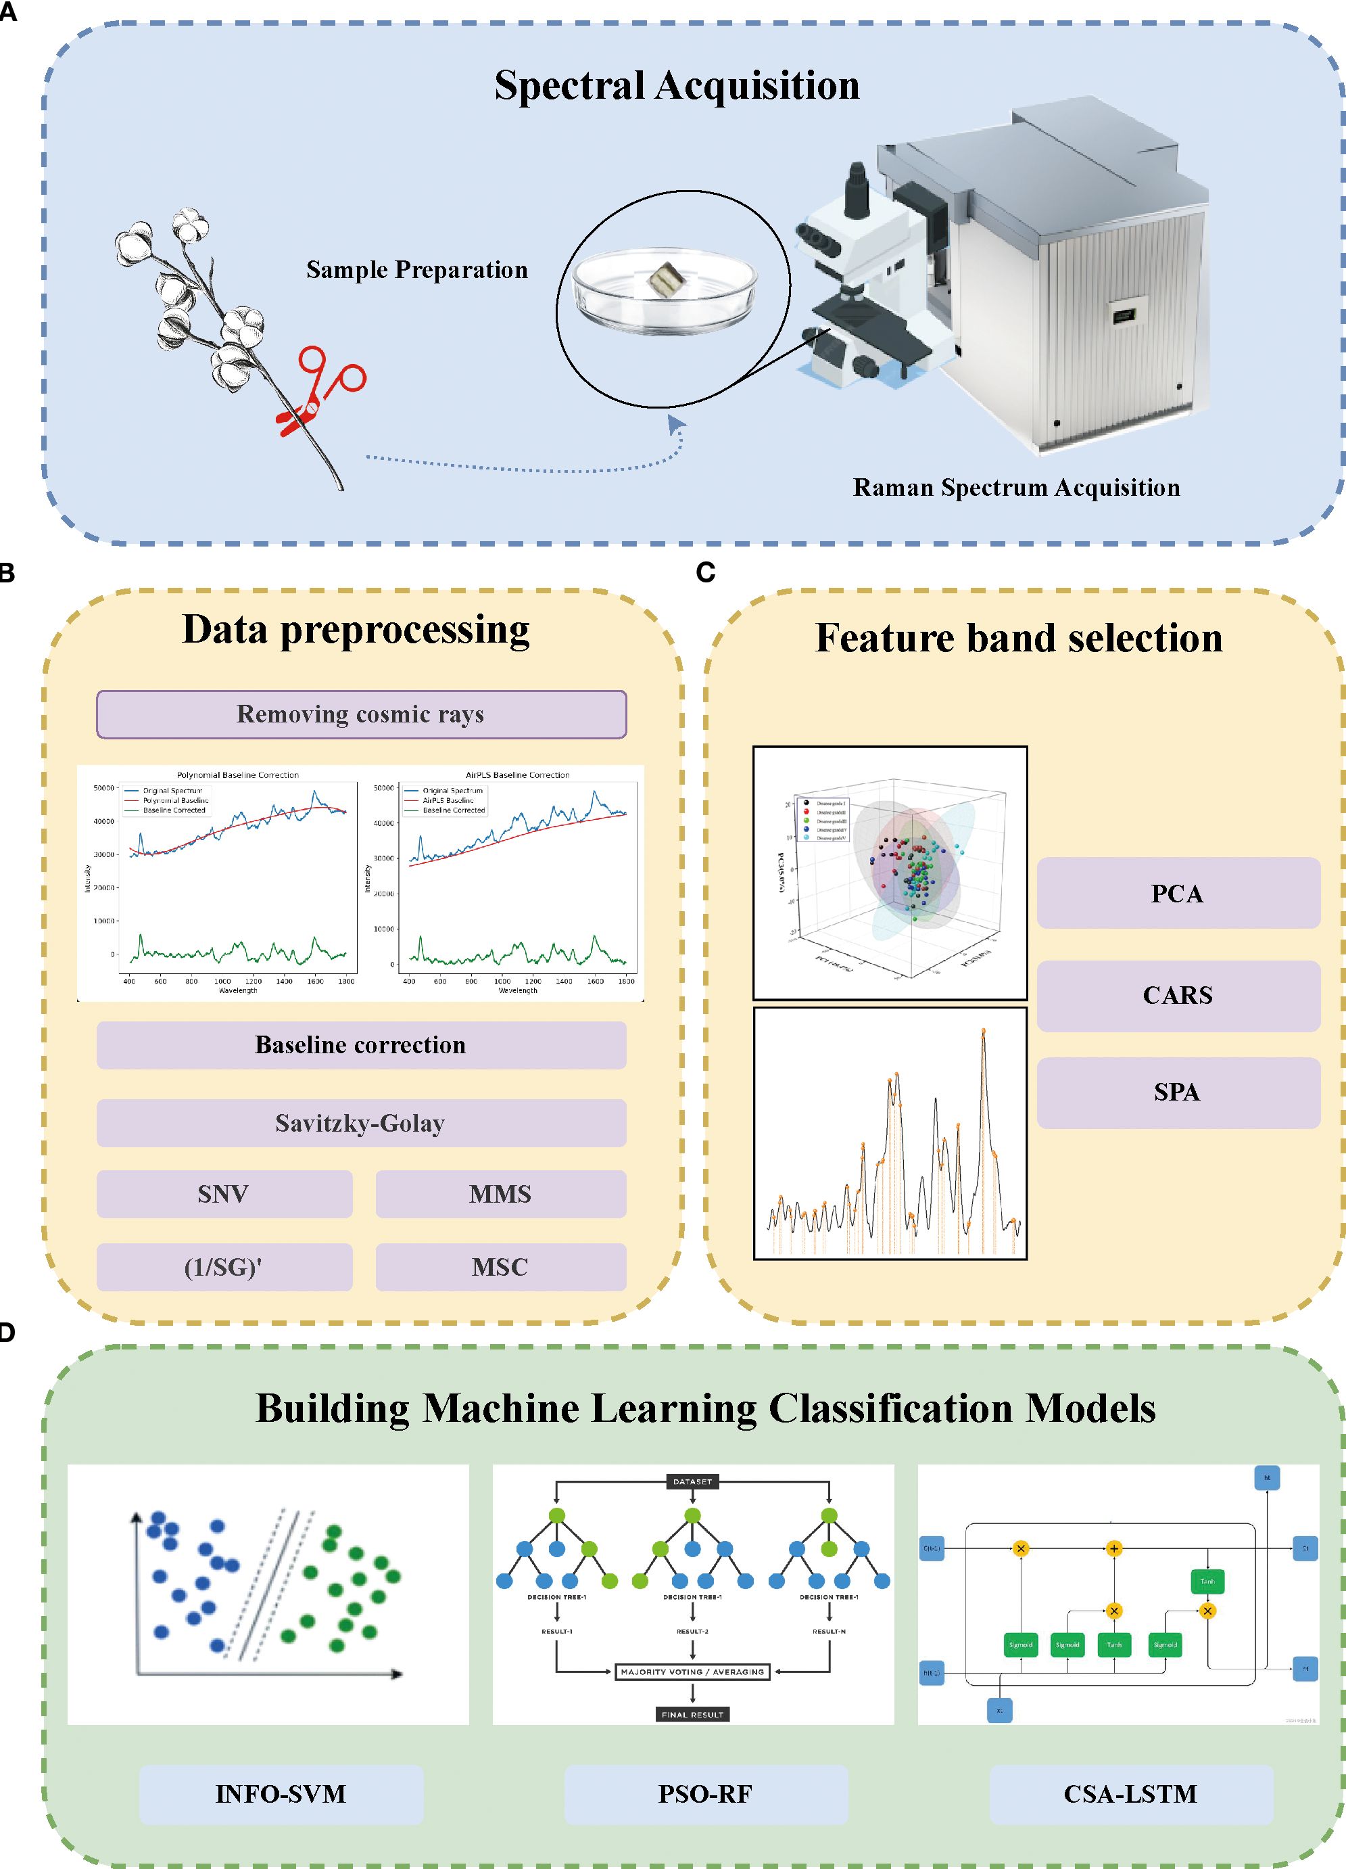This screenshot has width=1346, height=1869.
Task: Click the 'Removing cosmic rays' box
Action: click(x=361, y=714)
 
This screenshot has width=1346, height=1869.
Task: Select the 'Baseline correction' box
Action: click(x=361, y=1045)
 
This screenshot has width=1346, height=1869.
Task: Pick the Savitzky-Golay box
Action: click(x=361, y=1123)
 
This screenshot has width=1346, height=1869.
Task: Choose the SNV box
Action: click(x=224, y=1194)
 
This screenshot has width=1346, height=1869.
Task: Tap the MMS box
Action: click(x=501, y=1194)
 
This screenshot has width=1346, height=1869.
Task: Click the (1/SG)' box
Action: click(x=224, y=1266)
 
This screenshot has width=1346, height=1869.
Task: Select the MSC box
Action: click(x=501, y=1266)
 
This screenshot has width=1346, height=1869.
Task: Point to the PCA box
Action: click(x=1178, y=894)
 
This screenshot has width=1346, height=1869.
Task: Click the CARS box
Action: click(x=1178, y=996)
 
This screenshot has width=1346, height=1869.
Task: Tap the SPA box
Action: click(x=1178, y=1092)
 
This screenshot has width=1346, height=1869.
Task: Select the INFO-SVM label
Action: click(x=281, y=1794)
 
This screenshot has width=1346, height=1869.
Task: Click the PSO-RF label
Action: click(x=706, y=1794)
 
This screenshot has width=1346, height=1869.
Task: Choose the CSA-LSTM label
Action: click(x=1131, y=1794)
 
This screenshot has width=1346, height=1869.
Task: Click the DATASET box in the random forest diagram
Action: click(x=692, y=1481)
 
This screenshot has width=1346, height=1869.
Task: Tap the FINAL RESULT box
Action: click(x=692, y=1714)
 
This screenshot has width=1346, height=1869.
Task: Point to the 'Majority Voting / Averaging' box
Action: click(x=692, y=1672)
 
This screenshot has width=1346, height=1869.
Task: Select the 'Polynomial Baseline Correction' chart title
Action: click(x=237, y=775)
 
